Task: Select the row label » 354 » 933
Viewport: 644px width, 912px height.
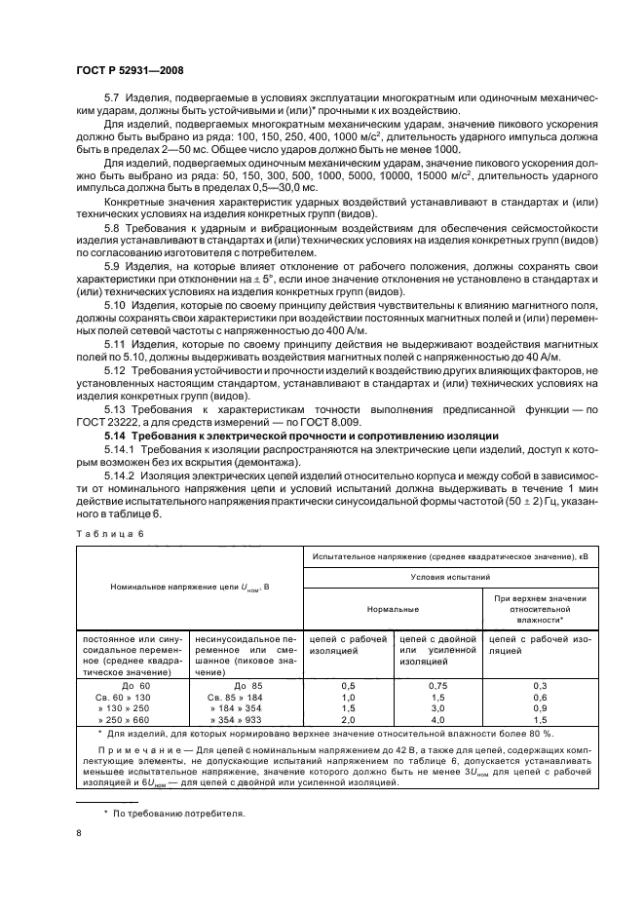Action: coord(235,720)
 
